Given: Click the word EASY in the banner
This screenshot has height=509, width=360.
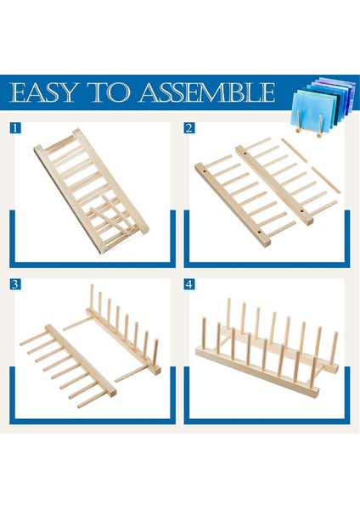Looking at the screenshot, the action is coord(44,92).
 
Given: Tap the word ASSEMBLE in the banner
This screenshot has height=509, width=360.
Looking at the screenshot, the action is coord(207,92).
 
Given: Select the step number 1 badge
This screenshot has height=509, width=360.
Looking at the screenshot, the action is coord(15,128).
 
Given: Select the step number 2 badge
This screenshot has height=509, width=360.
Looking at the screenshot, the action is coord(189,128).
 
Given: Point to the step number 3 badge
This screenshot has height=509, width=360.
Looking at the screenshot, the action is coord(15,284).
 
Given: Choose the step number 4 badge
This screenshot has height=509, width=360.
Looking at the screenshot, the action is coord(189,284).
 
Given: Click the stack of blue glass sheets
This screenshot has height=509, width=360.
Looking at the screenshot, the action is coord(323,103).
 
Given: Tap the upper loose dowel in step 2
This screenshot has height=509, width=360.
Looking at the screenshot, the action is coord(294,150).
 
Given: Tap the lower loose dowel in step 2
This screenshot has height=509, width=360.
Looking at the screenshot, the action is coord(326,180).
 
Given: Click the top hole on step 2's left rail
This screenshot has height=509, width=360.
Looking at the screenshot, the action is coord(205,171).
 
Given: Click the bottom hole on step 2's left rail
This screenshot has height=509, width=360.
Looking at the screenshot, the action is coord(259,232).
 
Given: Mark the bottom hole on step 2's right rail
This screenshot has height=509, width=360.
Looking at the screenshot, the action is coord(302,210).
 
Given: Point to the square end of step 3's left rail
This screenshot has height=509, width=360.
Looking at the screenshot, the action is coord(112,394).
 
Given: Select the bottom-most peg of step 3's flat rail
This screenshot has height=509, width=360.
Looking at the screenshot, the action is coord(93,400).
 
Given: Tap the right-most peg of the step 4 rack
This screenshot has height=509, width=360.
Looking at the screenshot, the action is coord(334,348).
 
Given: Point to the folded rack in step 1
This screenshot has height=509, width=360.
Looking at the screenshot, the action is coord(92,191).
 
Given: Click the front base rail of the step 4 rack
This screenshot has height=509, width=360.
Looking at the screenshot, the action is coord(257,373).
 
